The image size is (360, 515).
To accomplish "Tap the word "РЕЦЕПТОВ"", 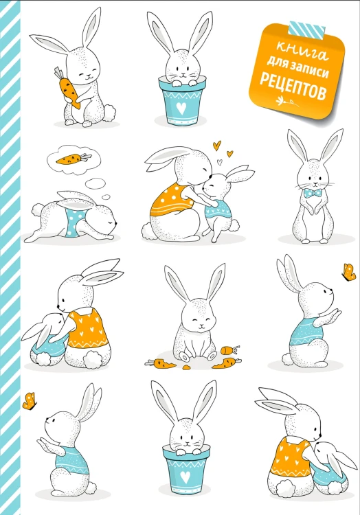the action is (293, 87).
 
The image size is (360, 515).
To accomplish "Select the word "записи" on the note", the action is (309, 69).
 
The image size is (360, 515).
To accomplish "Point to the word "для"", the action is (277, 62).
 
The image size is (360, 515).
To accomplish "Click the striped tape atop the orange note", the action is (307, 29).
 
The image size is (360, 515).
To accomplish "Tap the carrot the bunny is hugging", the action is (68, 88).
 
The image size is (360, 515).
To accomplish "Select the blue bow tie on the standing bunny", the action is (313, 193).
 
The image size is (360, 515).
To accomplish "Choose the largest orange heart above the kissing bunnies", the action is (216, 145).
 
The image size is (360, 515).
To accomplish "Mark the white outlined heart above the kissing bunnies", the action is (220, 161).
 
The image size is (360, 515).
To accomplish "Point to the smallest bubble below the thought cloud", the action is (106, 197).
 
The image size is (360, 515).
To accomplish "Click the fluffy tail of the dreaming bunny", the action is (38, 210).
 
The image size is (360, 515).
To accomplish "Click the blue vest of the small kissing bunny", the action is (219, 211).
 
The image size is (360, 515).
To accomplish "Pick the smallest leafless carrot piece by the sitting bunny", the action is (186, 367).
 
